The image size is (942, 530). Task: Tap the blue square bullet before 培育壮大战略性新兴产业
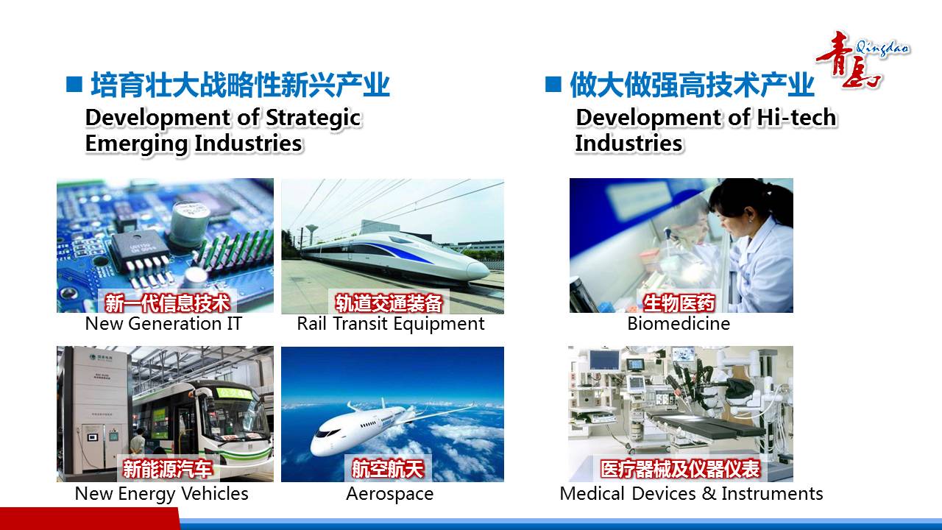point(74,84)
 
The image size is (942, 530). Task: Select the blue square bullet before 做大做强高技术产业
point(553,84)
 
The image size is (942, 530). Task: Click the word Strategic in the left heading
point(314,119)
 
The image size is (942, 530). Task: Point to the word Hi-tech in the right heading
point(797,117)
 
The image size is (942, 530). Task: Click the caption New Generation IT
point(163,324)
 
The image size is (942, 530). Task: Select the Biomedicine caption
point(679,324)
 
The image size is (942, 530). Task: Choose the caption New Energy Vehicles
point(161,494)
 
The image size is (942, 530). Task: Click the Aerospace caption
point(390,494)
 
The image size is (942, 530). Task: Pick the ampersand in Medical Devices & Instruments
point(709,494)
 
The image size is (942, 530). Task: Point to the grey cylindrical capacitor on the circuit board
point(190,223)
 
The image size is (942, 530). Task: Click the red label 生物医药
point(679,303)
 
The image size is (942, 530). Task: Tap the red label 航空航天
point(388,469)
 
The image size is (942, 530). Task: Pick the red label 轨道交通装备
point(389,303)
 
